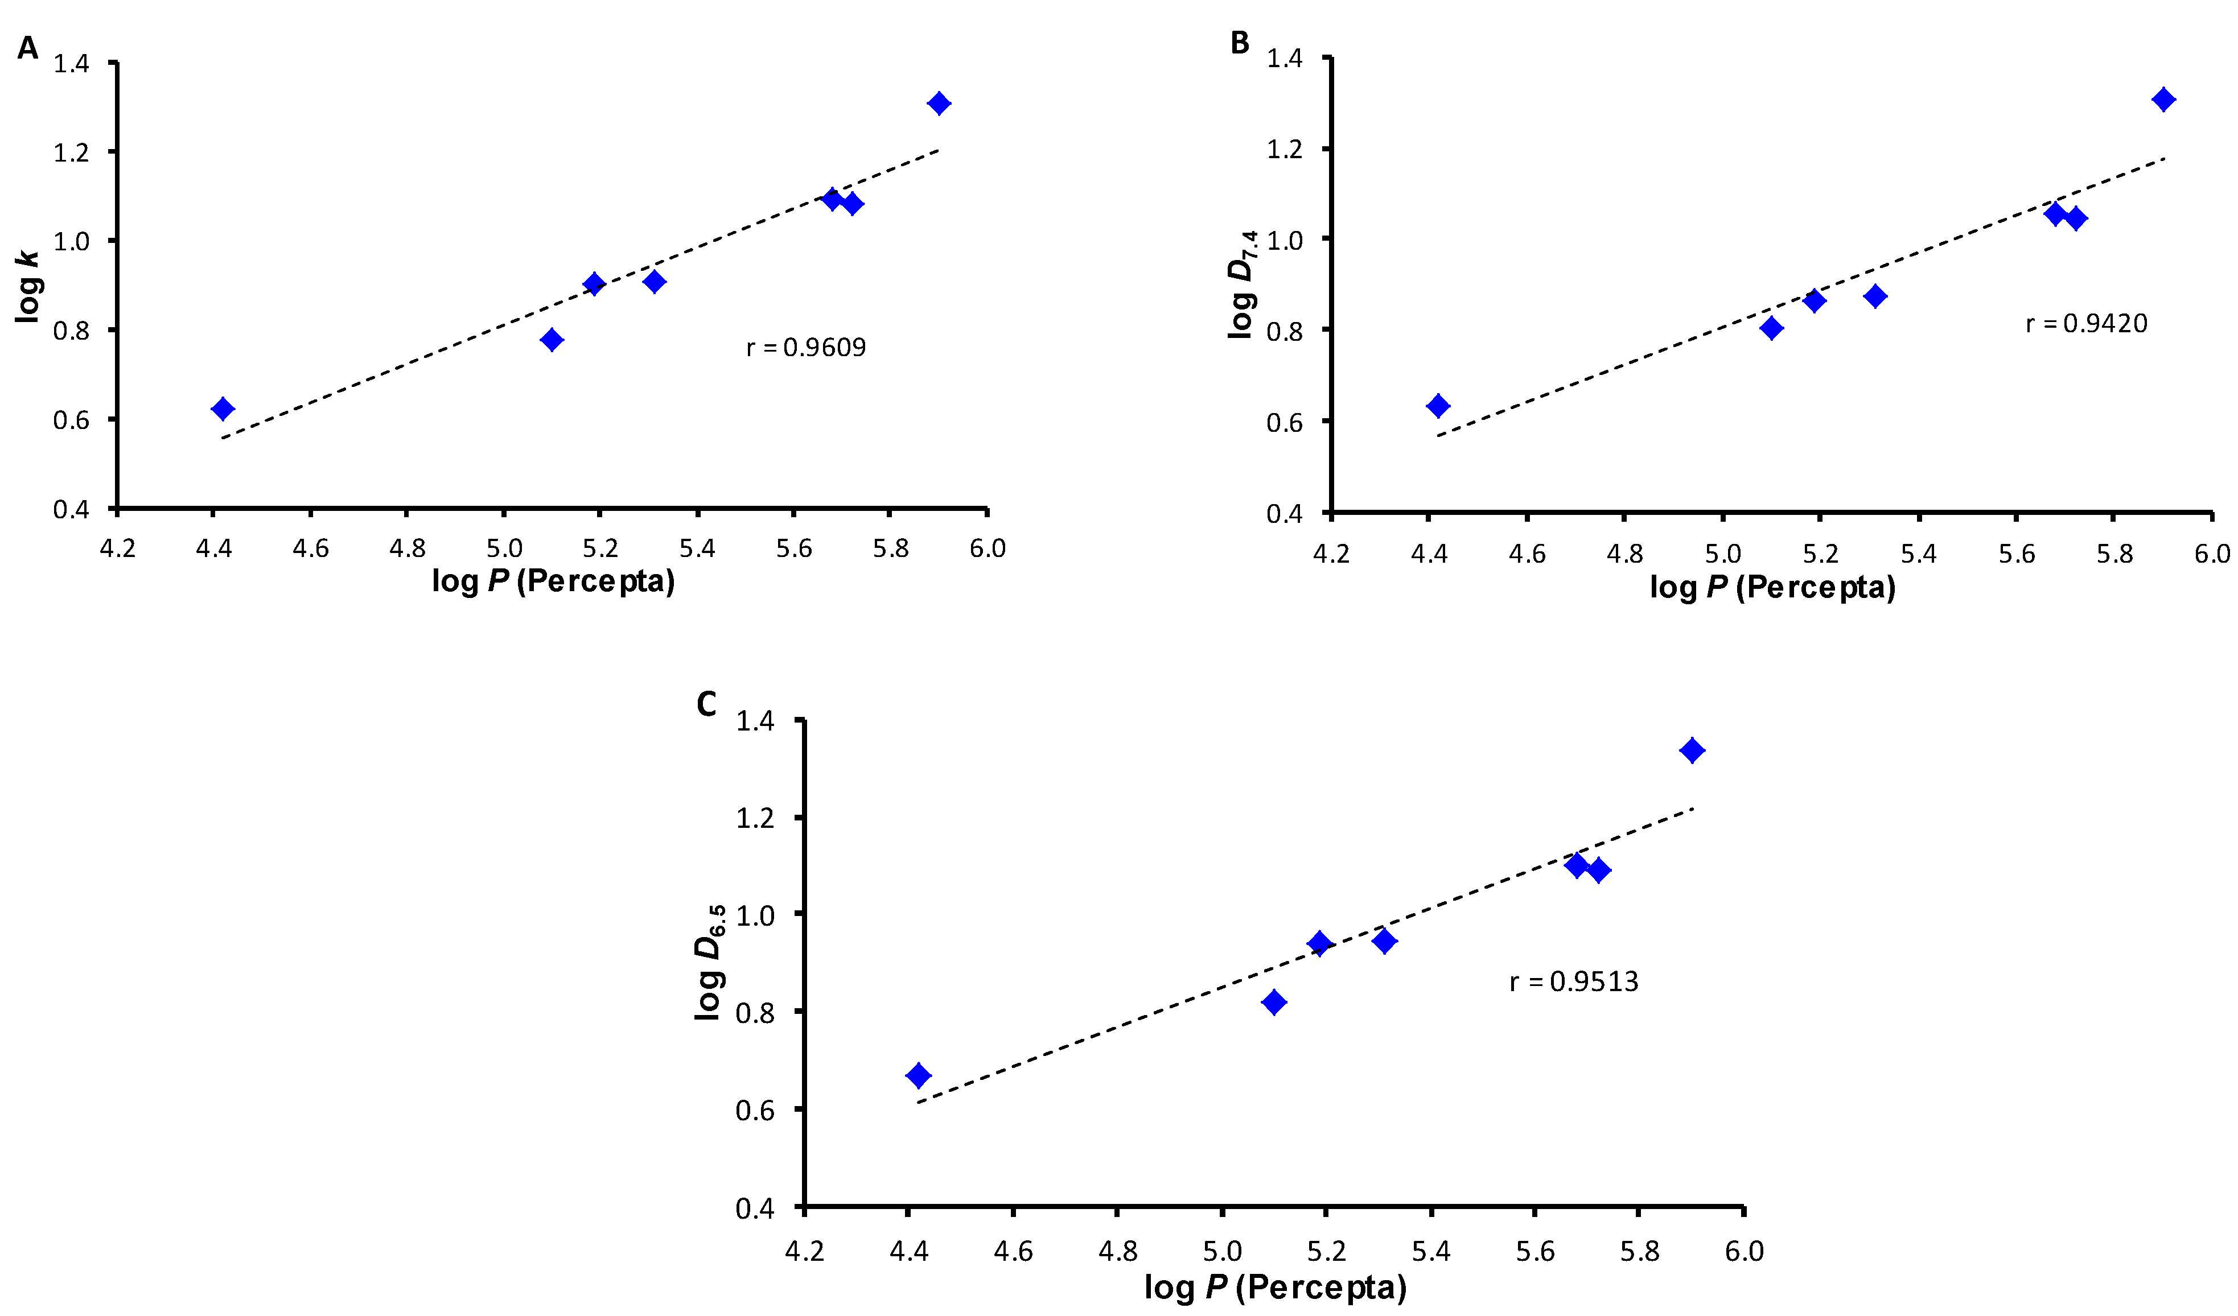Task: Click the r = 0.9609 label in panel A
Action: (805, 346)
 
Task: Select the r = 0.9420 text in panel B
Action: (2085, 323)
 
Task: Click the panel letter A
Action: (27, 47)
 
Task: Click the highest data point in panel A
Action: (939, 103)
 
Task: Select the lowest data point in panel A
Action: (223, 409)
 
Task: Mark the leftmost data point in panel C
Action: (918, 1075)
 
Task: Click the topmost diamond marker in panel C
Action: (1692, 750)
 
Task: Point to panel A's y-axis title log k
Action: (28, 286)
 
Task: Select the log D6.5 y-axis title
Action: (710, 963)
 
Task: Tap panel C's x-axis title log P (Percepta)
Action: (1274, 1286)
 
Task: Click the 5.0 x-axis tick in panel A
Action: (504, 548)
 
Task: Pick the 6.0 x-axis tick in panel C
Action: (1743, 1251)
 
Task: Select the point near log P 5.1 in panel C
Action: (1273, 1002)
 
